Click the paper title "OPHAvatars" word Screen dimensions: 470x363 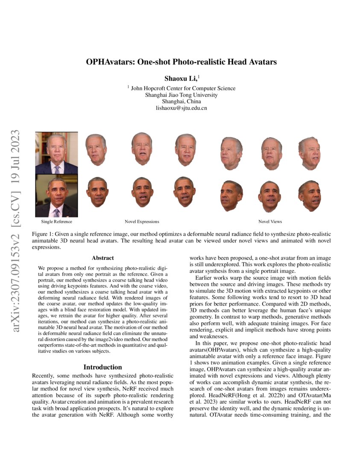(109, 62)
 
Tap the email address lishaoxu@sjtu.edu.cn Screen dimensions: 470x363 (181, 109)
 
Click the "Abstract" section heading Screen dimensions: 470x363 (102, 258)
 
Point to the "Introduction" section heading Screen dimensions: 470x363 (102, 367)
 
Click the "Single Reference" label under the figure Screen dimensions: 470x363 (56, 221)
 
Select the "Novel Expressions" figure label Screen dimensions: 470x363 (142, 221)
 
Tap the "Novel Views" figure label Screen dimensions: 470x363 (270, 221)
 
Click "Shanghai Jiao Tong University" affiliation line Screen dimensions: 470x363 (181, 95)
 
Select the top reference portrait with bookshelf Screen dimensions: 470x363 (56, 153)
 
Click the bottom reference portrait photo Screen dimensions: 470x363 (56, 196)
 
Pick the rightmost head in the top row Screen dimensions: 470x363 (310, 152)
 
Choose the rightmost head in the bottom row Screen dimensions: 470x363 (310, 195)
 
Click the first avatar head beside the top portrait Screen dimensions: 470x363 (96, 150)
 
